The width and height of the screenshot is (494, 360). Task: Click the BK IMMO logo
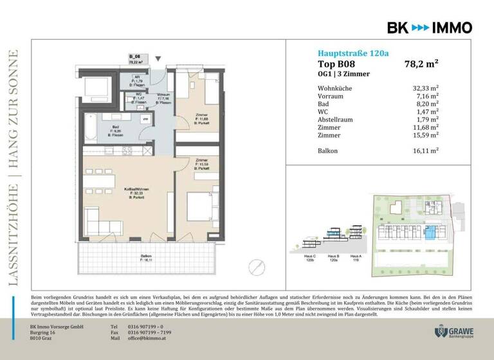[x=429, y=28]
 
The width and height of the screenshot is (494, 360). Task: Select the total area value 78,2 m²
[x=421, y=64]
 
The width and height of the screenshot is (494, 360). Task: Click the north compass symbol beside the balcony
[x=257, y=265]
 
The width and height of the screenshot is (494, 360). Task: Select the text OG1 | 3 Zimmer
[x=344, y=75]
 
